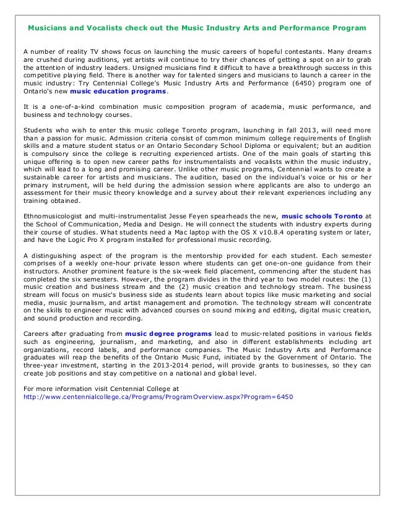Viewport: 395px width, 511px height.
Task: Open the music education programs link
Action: (127, 92)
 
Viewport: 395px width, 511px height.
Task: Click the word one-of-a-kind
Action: (67, 106)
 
